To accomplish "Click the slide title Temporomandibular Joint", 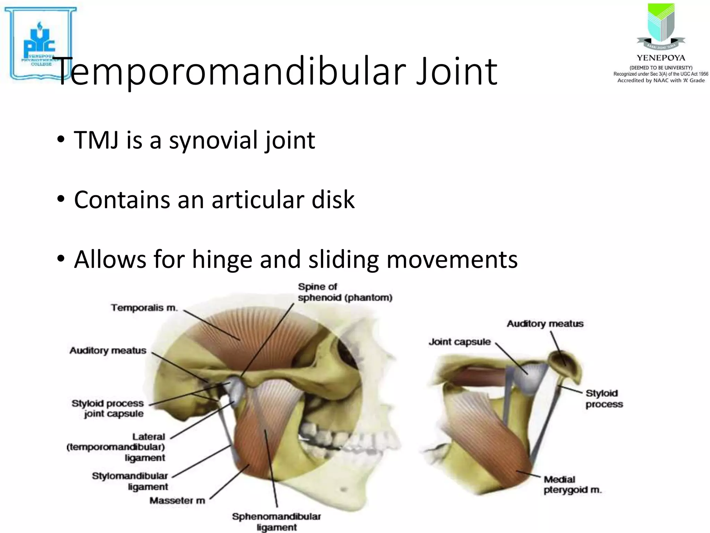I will click(x=276, y=72).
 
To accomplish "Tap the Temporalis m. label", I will click(x=144, y=308).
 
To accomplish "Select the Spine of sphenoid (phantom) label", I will click(x=345, y=292).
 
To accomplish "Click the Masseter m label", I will click(x=177, y=501).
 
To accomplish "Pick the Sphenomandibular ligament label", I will click(x=276, y=522).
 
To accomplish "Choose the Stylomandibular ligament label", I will click(x=130, y=481).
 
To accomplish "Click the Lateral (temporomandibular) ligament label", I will click(x=116, y=447).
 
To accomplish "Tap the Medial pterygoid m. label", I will click(x=572, y=484).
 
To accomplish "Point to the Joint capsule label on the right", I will click(x=460, y=342).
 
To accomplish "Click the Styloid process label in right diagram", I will click(x=604, y=399).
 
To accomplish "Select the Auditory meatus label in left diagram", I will click(x=108, y=351).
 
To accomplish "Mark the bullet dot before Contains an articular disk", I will click(x=61, y=200).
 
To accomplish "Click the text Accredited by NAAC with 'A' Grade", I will click(x=661, y=81).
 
